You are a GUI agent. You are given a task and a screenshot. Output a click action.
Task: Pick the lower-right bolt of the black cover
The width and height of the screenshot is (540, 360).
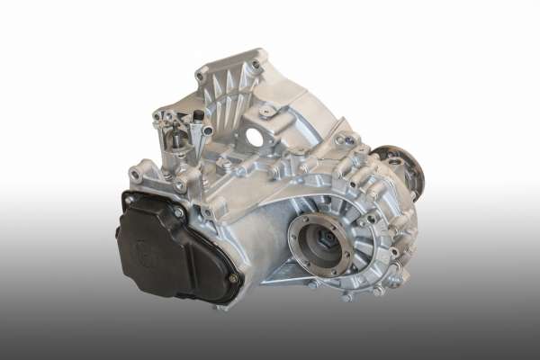click(232, 278)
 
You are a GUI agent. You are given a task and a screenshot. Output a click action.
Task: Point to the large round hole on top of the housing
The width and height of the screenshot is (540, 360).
click(255, 138)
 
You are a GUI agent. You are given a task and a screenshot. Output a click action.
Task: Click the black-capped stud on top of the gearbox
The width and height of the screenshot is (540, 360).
click(197, 116)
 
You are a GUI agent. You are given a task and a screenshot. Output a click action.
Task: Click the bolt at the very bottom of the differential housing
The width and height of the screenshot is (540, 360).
click(346, 296)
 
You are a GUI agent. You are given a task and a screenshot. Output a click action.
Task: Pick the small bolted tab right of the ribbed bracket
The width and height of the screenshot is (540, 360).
click(267, 111)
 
